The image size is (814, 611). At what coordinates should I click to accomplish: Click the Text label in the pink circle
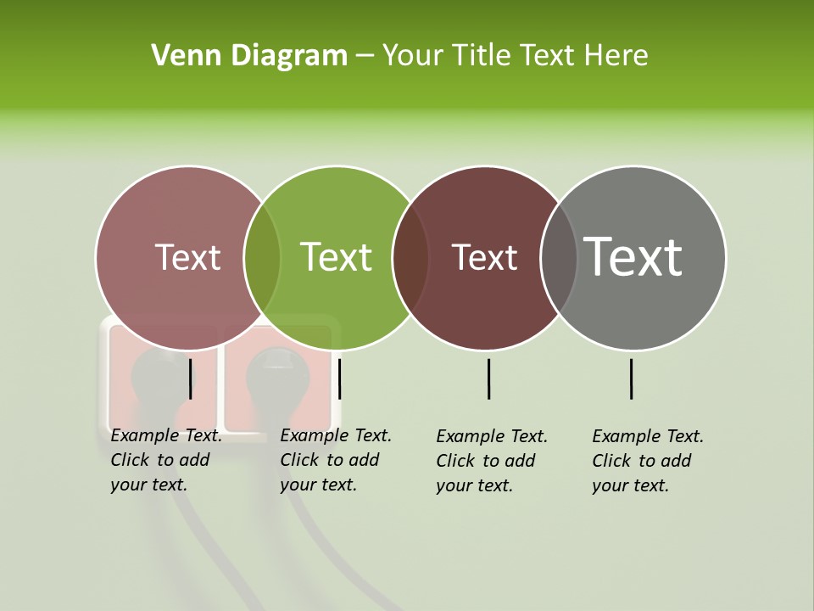(x=187, y=257)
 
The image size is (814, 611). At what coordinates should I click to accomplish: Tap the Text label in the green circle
(x=336, y=257)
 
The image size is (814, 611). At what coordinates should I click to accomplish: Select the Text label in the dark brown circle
(x=484, y=257)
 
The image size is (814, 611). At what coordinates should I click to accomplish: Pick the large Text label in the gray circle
(x=633, y=257)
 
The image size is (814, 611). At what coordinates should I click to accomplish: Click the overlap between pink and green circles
(x=262, y=257)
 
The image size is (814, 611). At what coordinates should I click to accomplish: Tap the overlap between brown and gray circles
(x=559, y=257)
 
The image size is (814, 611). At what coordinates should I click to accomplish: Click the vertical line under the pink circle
(x=191, y=378)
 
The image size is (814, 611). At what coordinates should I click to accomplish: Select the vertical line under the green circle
(x=339, y=378)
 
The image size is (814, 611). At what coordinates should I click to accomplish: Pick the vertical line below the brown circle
(x=488, y=378)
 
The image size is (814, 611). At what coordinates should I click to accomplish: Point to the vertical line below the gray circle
(x=631, y=378)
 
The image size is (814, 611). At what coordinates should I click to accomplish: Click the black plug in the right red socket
(x=270, y=373)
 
